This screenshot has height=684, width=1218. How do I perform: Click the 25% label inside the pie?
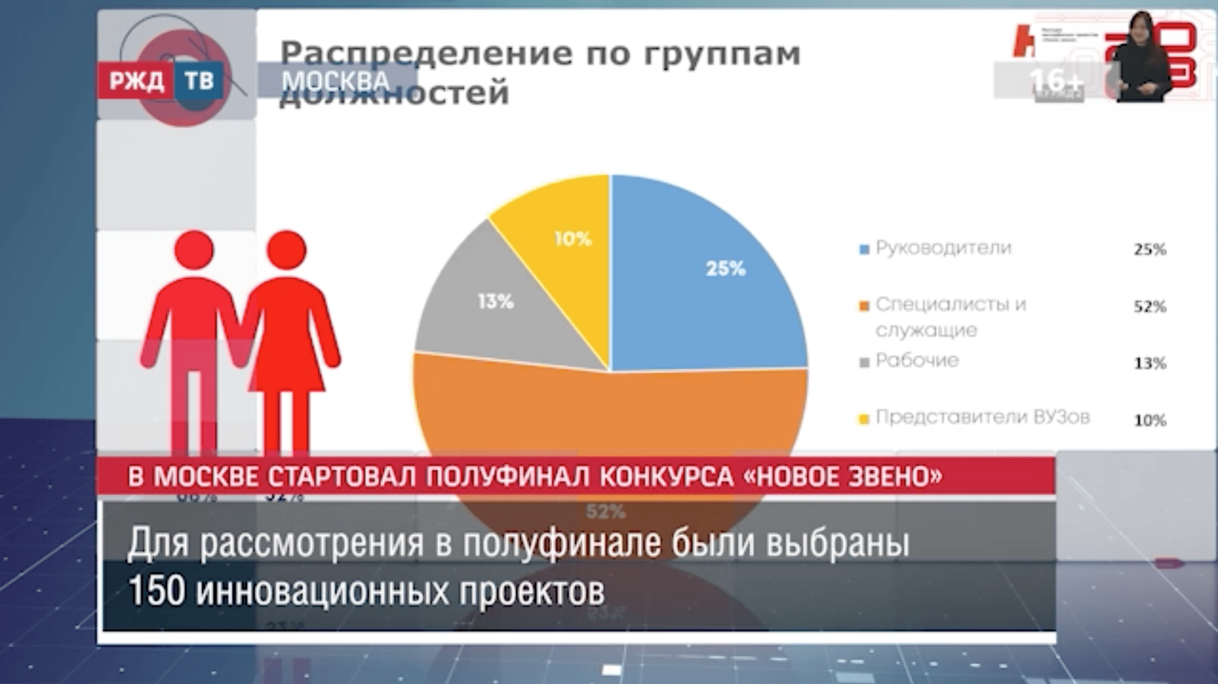(725, 269)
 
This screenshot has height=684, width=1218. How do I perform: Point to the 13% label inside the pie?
(496, 301)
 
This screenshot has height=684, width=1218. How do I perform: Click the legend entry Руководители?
(943, 248)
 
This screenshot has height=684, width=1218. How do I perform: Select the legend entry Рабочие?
(917, 361)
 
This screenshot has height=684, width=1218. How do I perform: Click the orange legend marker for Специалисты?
(864, 307)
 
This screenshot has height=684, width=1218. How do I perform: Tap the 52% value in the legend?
(1150, 307)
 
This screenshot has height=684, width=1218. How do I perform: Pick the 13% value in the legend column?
(1150, 364)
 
